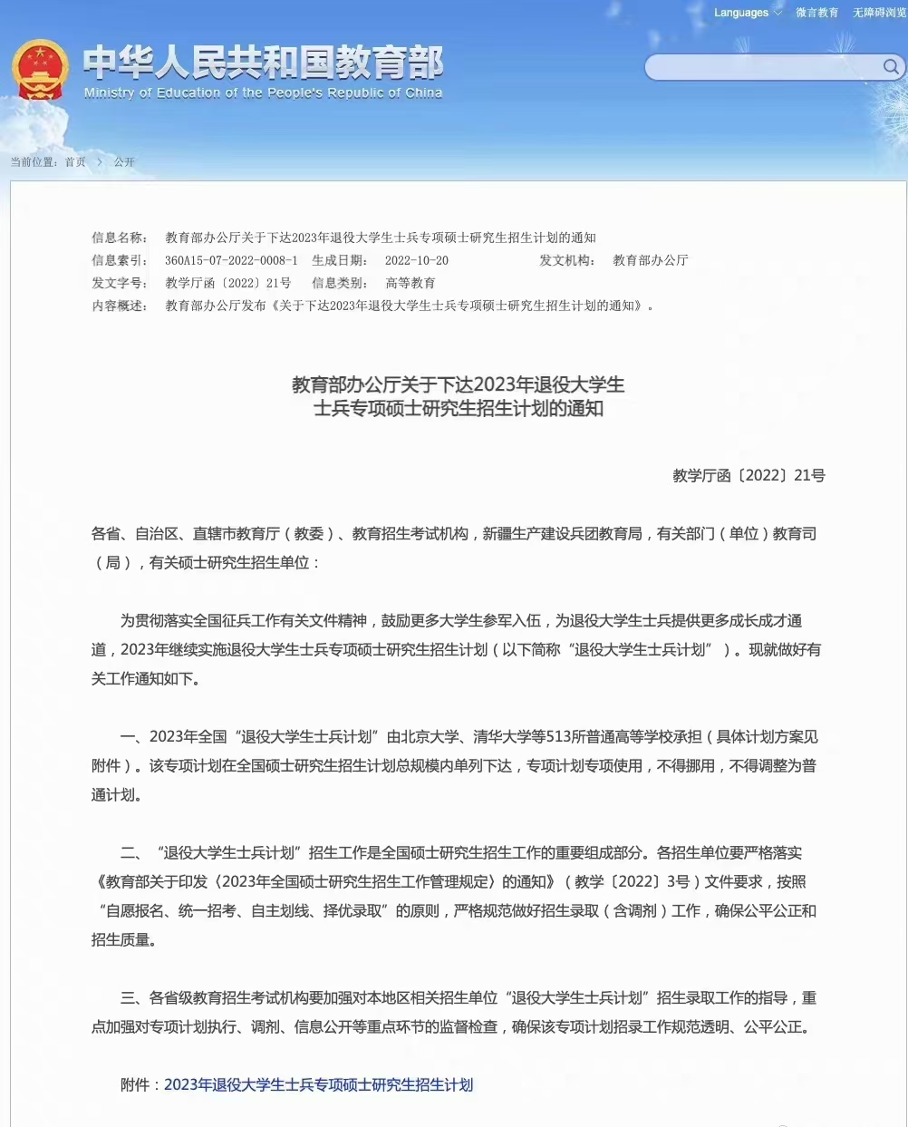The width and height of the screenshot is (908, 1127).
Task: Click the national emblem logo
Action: (40, 70)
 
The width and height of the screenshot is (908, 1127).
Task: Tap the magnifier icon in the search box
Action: (891, 67)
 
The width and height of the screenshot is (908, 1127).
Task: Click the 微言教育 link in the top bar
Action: (816, 13)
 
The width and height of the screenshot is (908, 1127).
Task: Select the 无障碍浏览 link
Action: (878, 13)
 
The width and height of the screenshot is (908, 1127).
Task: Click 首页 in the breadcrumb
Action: (75, 162)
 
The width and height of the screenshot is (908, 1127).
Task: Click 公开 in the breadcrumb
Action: (124, 162)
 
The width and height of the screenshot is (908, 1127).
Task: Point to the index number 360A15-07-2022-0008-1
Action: (231, 260)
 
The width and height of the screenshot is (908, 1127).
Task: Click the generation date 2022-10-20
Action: (416, 260)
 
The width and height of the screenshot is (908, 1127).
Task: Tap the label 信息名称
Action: (119, 238)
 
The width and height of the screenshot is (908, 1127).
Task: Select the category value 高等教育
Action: (411, 283)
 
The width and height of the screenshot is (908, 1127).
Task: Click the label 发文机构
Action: (566, 260)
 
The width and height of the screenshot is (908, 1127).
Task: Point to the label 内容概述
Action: (119, 306)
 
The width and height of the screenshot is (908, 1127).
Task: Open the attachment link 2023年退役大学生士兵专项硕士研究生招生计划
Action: (318, 1084)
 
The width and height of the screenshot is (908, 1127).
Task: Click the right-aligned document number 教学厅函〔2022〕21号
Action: (749, 475)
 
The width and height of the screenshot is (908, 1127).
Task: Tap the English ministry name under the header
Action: (263, 92)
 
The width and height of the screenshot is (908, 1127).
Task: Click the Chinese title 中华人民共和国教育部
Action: (263, 63)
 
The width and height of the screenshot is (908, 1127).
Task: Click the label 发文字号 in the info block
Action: (119, 283)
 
